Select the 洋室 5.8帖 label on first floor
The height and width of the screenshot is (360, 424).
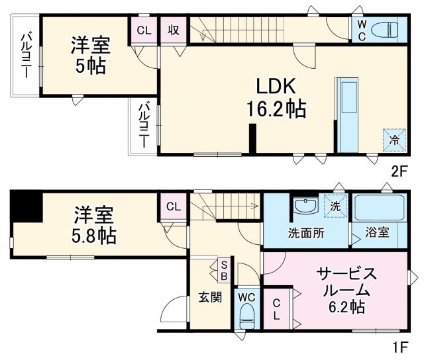click(93, 226)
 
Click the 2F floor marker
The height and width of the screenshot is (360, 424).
click(399, 170)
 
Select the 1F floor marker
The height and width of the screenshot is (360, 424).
click(399, 345)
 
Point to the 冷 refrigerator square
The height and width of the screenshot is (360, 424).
click(393, 139)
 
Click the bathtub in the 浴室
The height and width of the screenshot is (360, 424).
click(379, 208)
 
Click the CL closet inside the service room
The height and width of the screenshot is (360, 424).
click(278, 308)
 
